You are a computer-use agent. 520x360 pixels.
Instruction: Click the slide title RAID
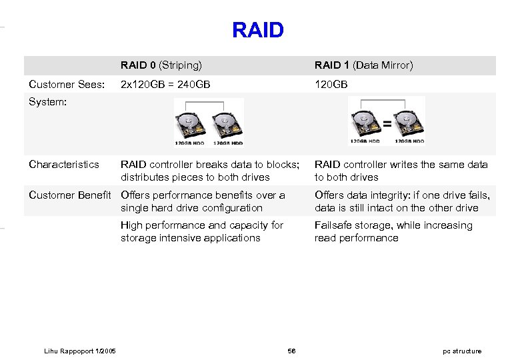click(258, 30)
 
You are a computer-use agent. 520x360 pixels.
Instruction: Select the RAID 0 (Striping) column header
click(161, 65)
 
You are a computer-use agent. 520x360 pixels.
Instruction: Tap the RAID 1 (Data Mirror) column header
click(363, 65)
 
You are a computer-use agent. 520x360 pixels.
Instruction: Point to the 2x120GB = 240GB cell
click(165, 85)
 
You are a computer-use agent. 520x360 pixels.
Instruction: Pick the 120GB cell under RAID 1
click(331, 85)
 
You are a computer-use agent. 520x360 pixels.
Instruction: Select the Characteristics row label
click(64, 164)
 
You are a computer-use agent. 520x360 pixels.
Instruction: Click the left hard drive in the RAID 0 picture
click(190, 125)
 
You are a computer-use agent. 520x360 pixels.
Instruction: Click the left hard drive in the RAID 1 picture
click(365, 122)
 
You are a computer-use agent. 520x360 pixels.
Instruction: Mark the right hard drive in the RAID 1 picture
click(407, 122)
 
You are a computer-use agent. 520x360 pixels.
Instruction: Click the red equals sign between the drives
click(386, 123)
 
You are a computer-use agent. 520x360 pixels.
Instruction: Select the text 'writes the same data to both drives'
click(401, 171)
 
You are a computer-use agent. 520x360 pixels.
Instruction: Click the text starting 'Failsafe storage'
click(393, 231)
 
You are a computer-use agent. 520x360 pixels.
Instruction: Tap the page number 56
click(291, 351)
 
